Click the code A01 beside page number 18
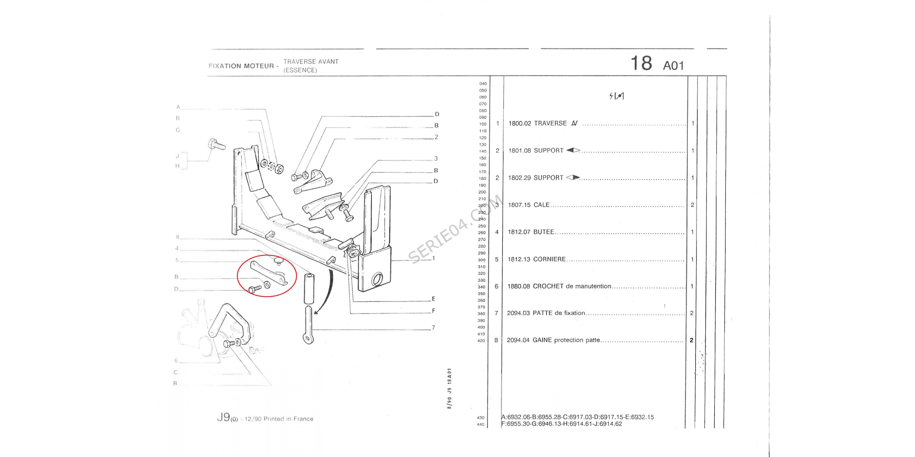[x=673, y=66]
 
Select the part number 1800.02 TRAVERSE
[x=520, y=123]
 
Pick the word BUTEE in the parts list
[x=544, y=232]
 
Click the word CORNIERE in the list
[x=549, y=259]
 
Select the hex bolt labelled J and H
[x=216, y=145]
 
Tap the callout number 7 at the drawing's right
[x=433, y=327]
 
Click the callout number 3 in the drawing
[x=436, y=159]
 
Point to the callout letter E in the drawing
[x=433, y=299]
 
